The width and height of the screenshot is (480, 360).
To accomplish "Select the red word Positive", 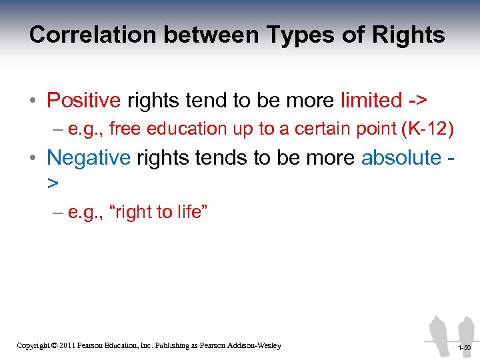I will coord(83,100).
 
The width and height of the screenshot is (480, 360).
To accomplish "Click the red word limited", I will coord(371,100).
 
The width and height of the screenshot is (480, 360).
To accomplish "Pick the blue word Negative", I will coord(89,157).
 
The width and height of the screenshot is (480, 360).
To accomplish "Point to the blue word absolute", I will coord(401,157).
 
